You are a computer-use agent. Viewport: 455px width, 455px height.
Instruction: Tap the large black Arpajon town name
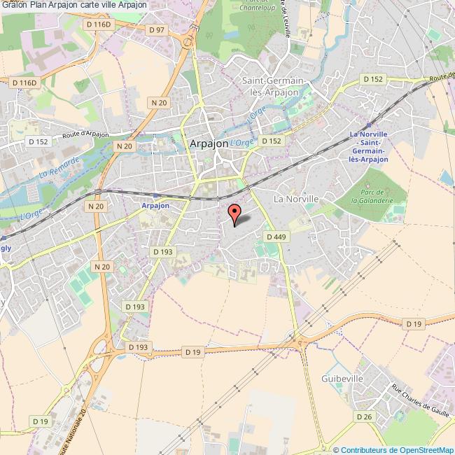[x=209, y=143]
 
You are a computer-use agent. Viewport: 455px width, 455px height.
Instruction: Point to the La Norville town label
[x=296, y=199]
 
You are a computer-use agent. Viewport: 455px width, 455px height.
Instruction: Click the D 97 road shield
[x=156, y=29]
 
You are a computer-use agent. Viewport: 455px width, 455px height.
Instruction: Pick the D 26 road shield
[x=363, y=416]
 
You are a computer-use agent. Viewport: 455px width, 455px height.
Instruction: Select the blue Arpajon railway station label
[x=155, y=206]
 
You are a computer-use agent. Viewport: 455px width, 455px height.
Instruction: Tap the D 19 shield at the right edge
[x=414, y=323]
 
